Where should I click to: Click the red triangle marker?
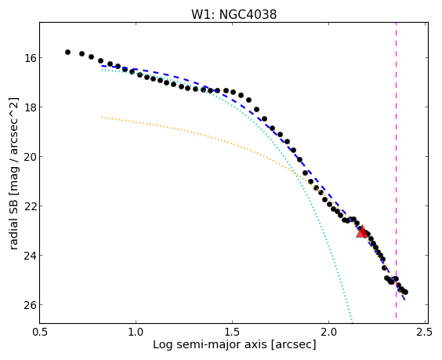point(362,231)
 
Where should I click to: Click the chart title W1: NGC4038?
point(234,14)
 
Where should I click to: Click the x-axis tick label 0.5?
point(40,332)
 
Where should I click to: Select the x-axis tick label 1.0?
point(136,332)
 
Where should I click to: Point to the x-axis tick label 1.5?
point(232,332)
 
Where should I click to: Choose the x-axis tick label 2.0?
point(328,332)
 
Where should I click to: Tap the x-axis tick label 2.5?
point(425,332)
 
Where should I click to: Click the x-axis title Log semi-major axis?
point(210,345)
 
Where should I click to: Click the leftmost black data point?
point(67,53)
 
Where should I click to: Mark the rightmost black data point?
point(405,293)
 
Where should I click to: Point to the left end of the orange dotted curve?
point(101,117)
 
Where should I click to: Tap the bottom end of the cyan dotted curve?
point(352,322)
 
